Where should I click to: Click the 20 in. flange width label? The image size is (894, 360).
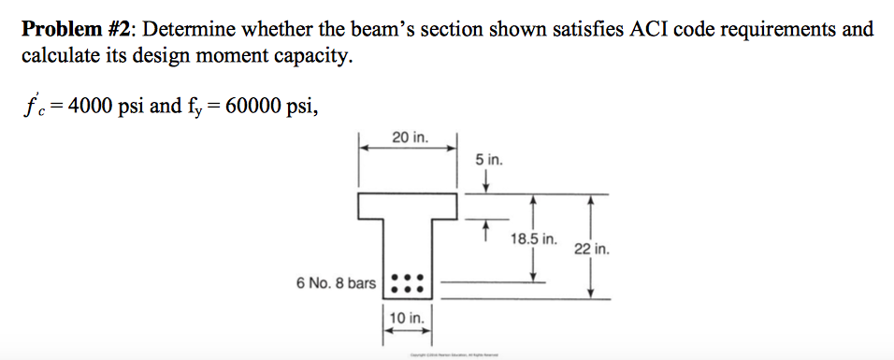(x=408, y=138)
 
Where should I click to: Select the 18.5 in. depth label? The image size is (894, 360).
(x=534, y=239)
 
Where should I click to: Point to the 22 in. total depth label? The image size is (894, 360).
(x=593, y=250)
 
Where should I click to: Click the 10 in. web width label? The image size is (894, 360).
(x=408, y=319)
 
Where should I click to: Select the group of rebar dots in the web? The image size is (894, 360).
(x=408, y=282)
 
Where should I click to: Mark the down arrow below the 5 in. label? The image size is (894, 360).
(x=484, y=180)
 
